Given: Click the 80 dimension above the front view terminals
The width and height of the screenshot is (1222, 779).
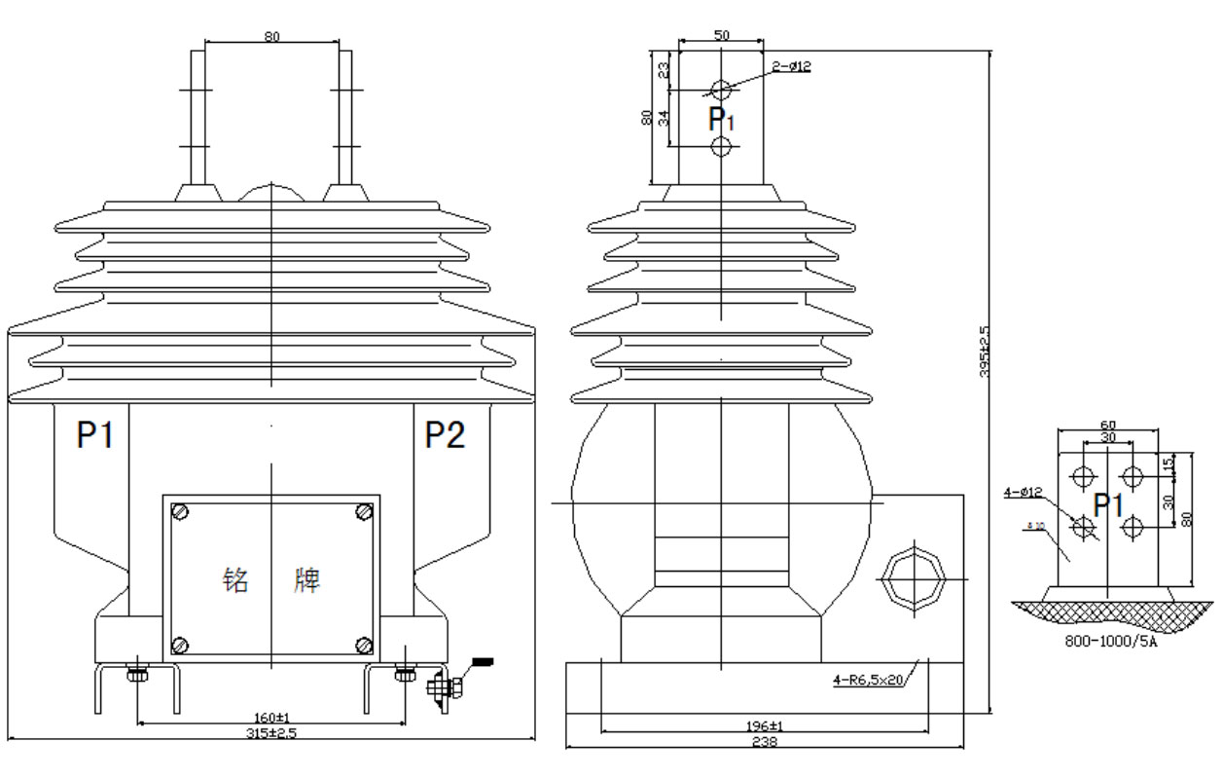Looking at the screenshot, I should [x=272, y=37].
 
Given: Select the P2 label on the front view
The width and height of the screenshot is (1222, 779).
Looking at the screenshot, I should [x=445, y=436].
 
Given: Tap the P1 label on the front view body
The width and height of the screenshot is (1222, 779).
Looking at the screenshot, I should [x=95, y=436].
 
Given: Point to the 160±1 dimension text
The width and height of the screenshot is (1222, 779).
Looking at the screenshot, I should [x=271, y=719].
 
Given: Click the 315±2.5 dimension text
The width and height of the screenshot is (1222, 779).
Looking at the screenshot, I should [x=271, y=733].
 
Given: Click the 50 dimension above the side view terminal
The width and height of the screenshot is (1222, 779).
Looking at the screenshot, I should [x=721, y=35].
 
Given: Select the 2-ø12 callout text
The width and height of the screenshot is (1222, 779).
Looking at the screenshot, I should [x=791, y=66].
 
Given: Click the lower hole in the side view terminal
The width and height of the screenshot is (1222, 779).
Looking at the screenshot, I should [x=721, y=147].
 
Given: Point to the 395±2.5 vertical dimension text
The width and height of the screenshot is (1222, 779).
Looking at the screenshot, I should [x=985, y=351].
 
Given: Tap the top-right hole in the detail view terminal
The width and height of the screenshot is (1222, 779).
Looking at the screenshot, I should [x=1132, y=477].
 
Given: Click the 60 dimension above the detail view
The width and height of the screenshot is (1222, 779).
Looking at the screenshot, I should [x=1107, y=425].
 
